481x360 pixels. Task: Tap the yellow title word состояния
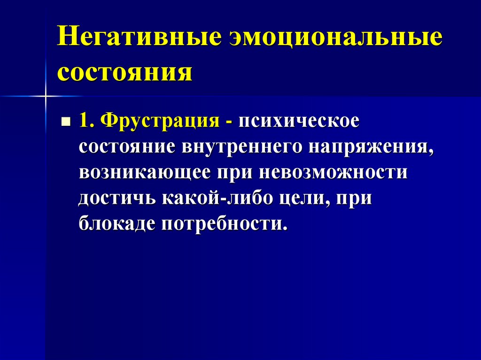[125, 72]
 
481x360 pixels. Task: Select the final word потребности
[224, 223]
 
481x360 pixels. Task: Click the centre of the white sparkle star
[46, 97]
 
